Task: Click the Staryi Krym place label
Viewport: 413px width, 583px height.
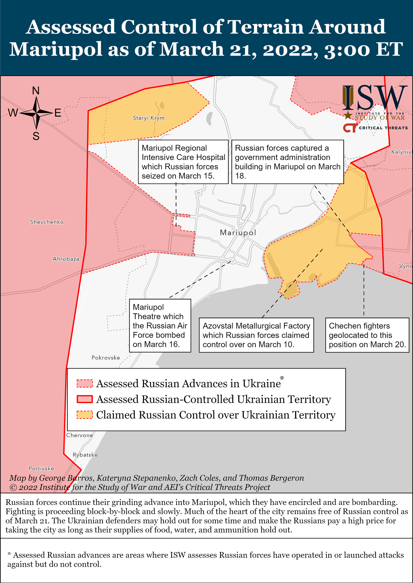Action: (x=149, y=118)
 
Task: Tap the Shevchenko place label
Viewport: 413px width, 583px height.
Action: (x=47, y=222)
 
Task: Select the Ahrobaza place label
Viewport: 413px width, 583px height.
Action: (x=66, y=259)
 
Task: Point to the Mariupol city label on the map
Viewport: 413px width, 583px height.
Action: (x=238, y=233)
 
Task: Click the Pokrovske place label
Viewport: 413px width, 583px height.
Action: (x=106, y=358)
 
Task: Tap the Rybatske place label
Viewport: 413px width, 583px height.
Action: (x=85, y=455)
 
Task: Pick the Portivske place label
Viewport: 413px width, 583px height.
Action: (x=41, y=469)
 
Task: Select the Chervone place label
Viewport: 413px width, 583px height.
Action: (x=80, y=435)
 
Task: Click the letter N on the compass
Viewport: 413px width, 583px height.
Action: (x=36, y=91)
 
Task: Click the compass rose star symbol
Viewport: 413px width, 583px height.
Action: (x=36, y=113)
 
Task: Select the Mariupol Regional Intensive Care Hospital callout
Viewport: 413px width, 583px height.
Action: (x=183, y=162)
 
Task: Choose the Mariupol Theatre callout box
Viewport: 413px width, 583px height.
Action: (x=160, y=325)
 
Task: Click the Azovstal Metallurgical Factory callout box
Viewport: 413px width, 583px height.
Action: (x=256, y=335)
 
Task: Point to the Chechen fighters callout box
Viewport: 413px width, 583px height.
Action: (x=367, y=335)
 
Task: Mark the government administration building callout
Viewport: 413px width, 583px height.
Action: (x=287, y=162)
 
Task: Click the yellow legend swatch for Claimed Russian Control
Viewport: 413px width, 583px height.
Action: (x=85, y=415)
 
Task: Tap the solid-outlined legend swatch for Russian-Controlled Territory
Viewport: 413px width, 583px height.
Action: (x=85, y=399)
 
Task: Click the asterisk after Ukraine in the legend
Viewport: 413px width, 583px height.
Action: (x=282, y=378)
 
